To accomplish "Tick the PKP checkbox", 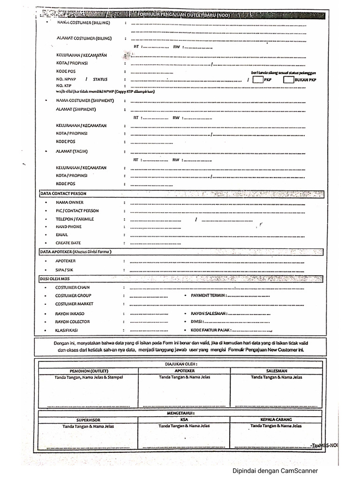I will pyautogui.click(x=257, y=80).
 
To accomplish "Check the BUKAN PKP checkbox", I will pyautogui.click(x=288, y=80).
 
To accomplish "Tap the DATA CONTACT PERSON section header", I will pyautogui.click(x=63, y=193).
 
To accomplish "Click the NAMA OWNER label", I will pyautogui.click(x=69, y=202).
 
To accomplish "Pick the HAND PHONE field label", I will pyautogui.click(x=68, y=226).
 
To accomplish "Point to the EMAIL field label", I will pyautogui.click(x=62, y=234).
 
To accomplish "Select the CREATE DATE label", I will pyautogui.click(x=68, y=243).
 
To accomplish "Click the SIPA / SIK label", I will pyautogui.click(x=64, y=270).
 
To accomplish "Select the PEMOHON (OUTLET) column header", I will pyautogui.click(x=89, y=371).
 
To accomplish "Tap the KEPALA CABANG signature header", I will pyautogui.click(x=276, y=420).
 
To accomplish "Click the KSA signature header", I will pyautogui.click(x=184, y=420).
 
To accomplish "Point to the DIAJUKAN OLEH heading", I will pyautogui.click(x=181, y=363).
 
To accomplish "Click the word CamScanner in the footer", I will pyautogui.click(x=300, y=471).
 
